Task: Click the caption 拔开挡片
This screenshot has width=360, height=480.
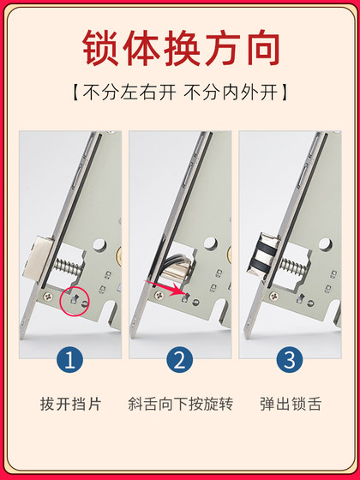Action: tap(70, 403)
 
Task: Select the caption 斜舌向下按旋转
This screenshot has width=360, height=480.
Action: tap(180, 403)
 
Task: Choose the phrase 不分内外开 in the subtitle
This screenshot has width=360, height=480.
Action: tap(237, 90)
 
